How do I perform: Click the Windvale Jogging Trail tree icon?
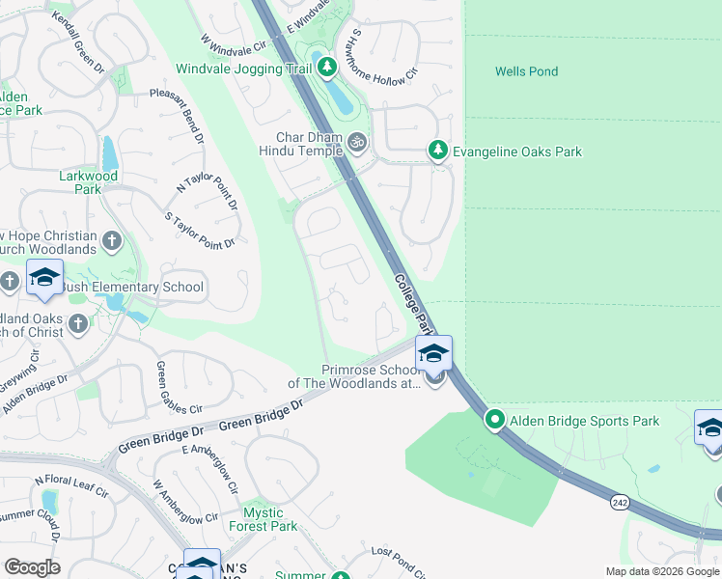click(328, 68)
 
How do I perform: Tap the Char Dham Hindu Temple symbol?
click(357, 143)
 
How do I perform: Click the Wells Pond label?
click(526, 71)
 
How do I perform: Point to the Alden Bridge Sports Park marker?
click(495, 420)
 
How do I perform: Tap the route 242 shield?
click(621, 503)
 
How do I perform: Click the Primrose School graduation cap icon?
click(434, 353)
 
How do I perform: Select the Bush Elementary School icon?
click(44, 279)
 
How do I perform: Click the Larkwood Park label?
click(88, 182)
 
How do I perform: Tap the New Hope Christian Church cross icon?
click(112, 240)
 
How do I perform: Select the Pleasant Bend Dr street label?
click(178, 115)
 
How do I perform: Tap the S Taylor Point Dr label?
click(201, 231)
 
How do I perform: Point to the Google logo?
click(31, 567)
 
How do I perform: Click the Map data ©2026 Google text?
click(662, 571)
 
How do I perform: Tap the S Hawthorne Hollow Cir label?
click(385, 52)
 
